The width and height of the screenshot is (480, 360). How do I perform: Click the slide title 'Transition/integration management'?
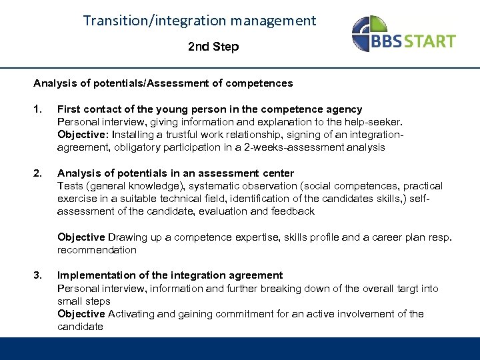click(200, 21)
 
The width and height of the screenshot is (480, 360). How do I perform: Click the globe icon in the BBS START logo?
click(367, 33)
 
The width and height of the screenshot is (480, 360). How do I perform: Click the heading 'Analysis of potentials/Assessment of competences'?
click(163, 83)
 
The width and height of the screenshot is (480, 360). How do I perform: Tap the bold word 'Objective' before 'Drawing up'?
click(81, 237)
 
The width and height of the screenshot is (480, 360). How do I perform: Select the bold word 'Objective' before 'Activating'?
click(81, 314)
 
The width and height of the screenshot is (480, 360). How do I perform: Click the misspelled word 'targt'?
click(406, 288)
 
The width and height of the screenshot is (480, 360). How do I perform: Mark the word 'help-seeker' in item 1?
click(378, 122)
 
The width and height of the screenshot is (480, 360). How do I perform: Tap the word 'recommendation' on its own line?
click(97, 250)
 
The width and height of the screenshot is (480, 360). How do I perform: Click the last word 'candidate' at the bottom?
click(80, 327)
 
